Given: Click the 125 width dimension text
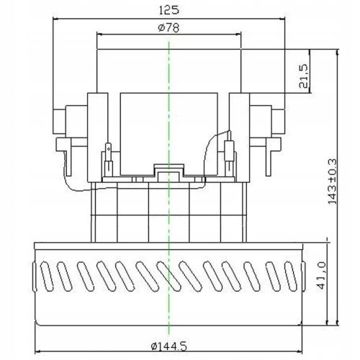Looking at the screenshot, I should (x=169, y=9).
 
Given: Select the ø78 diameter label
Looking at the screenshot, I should (x=168, y=27).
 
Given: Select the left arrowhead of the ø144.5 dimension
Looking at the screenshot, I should (x=37, y=332).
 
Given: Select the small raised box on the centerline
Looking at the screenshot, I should (x=169, y=171).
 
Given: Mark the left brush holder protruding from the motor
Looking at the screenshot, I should (x=65, y=119).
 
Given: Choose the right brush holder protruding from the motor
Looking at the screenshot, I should (x=274, y=119).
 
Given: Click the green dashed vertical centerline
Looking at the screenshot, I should (x=169, y=216).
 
